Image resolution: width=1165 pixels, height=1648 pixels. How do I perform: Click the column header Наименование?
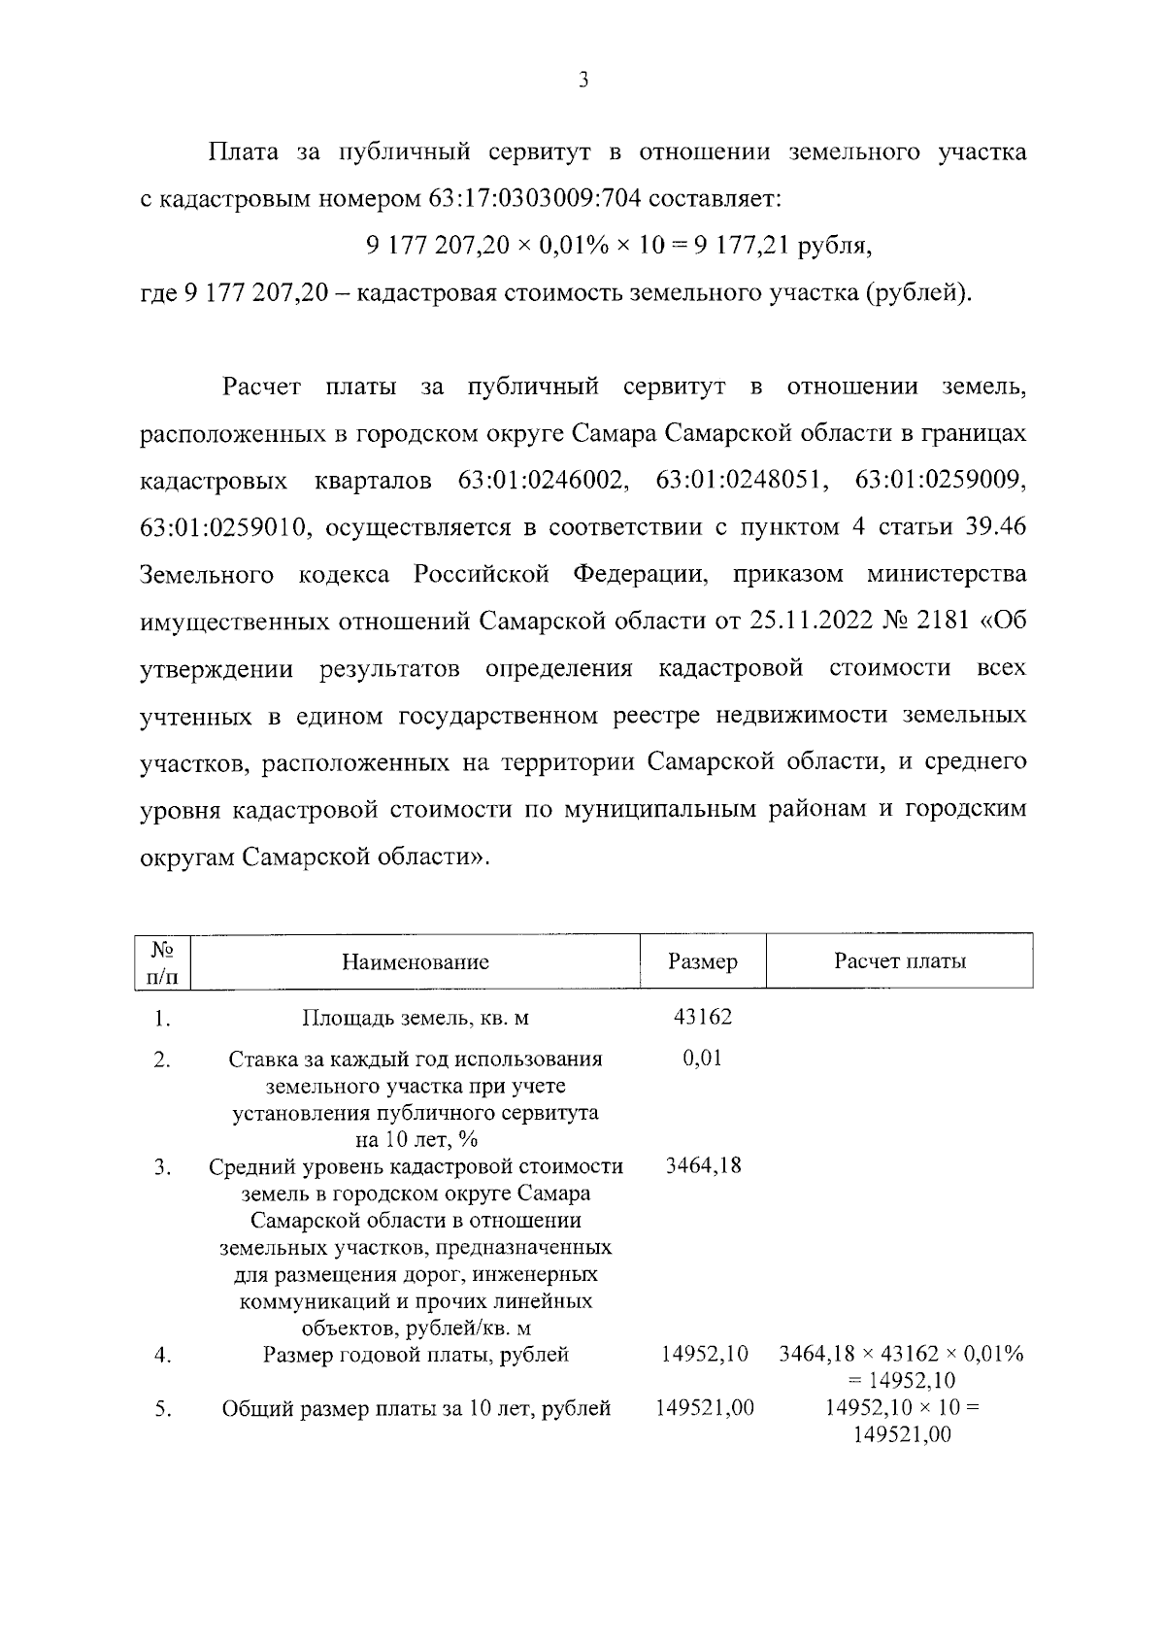416,962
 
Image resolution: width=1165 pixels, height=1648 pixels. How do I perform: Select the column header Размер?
703,962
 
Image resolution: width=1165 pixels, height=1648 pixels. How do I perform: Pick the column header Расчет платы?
900,961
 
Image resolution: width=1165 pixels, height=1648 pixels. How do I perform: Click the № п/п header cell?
162,962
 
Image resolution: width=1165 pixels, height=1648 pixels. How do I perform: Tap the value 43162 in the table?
703,1017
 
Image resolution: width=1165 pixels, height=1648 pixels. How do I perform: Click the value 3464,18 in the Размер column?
703,1164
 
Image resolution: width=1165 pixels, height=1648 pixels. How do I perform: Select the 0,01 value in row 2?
703,1059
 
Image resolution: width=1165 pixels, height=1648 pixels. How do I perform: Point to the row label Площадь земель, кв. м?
416,1019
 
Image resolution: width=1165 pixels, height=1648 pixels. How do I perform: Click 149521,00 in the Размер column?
705,1408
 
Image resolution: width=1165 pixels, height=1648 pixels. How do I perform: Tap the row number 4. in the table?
162,1356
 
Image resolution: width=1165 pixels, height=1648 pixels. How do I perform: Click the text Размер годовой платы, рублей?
416,1355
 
